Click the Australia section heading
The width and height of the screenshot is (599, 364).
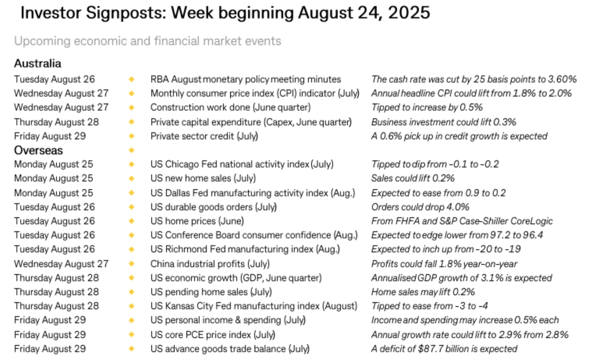point(38,63)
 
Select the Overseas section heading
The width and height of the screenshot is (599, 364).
point(38,150)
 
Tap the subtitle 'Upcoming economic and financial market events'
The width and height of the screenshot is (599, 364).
point(148,41)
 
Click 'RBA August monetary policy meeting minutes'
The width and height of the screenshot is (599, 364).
point(245,79)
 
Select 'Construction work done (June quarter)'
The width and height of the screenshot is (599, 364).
point(230,107)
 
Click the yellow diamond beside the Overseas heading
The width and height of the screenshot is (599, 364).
point(132,150)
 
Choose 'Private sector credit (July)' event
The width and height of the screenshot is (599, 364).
point(204,136)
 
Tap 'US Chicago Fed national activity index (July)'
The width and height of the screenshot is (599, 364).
point(242,164)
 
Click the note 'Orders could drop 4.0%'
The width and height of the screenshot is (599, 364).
point(420,207)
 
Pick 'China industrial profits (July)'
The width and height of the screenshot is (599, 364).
point(210,264)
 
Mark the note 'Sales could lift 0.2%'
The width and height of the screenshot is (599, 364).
point(413,178)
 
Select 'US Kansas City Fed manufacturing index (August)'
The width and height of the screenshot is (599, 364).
point(254,306)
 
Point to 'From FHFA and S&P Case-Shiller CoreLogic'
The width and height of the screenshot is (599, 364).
point(462,221)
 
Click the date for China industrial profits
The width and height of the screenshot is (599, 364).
point(61,264)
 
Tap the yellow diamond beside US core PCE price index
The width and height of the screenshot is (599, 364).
point(132,335)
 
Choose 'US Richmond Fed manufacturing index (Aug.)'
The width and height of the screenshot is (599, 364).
point(245,249)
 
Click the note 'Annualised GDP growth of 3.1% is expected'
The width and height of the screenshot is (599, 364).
point(461,278)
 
